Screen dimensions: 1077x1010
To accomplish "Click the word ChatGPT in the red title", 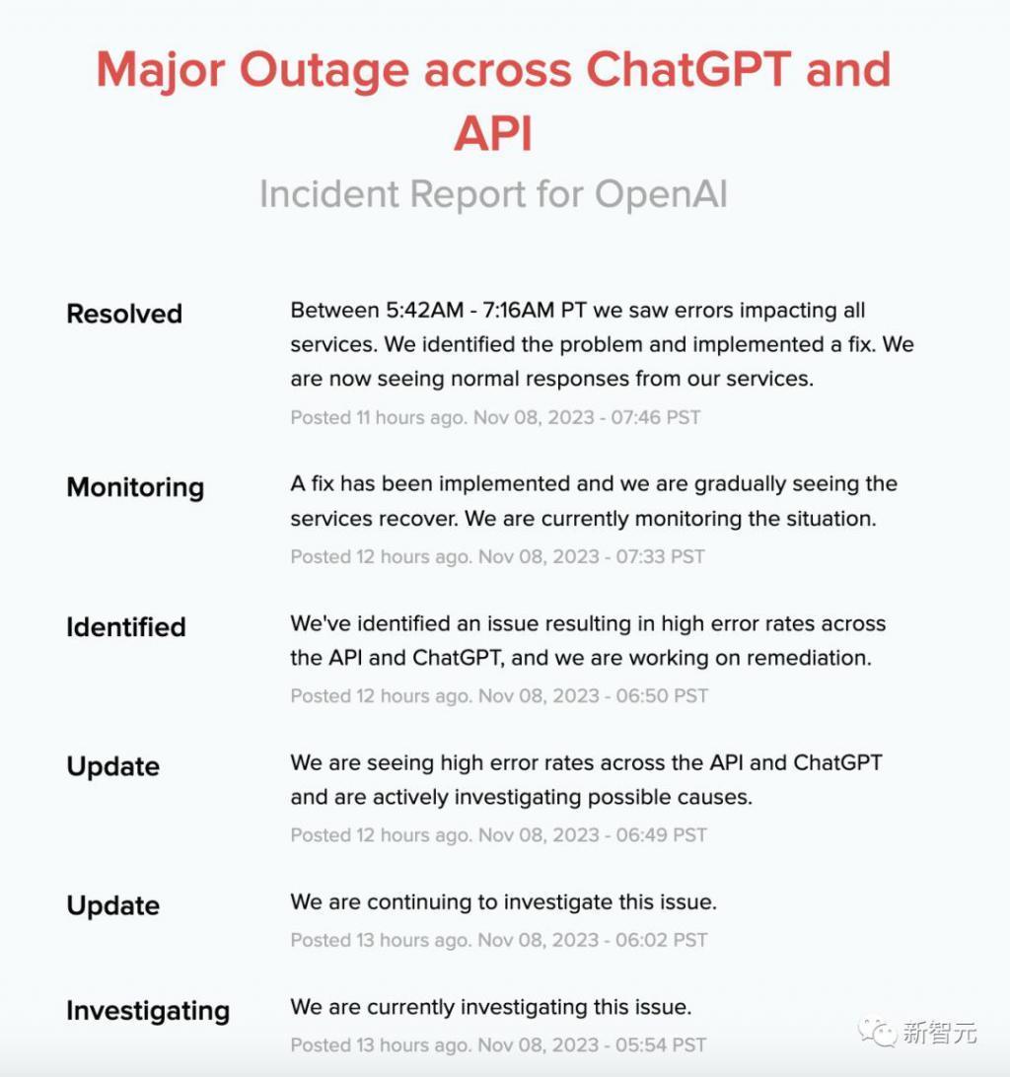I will [x=689, y=69].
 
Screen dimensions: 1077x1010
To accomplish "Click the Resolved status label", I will [x=124, y=314].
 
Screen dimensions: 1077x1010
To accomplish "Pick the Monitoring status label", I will [x=135, y=487].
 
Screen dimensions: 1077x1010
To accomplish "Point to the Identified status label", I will [x=126, y=627].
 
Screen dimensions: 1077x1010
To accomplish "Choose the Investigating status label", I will [x=148, y=1011].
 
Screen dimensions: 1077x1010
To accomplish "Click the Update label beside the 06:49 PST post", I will [x=112, y=766].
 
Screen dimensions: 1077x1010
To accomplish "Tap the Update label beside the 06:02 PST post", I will [x=112, y=905].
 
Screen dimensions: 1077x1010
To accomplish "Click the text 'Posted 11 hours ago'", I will [x=376, y=417].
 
